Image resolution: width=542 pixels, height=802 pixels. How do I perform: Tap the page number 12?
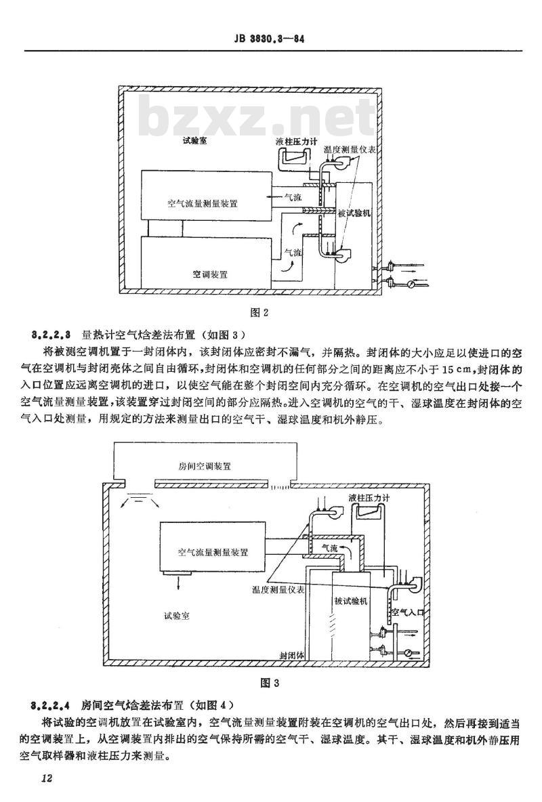tap(47, 779)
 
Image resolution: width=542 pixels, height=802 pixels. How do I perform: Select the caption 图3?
tap(270, 683)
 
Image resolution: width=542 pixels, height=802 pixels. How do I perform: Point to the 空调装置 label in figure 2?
tap(210, 274)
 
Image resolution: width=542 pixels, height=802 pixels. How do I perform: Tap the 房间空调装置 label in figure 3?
tap(205, 466)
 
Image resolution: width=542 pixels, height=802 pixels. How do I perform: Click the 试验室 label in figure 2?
tap(195, 140)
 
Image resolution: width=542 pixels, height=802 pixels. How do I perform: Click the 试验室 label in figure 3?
tap(177, 616)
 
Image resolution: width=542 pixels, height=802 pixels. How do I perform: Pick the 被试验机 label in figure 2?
tap(354, 213)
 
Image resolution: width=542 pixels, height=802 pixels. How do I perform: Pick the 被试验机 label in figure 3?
tap(350, 601)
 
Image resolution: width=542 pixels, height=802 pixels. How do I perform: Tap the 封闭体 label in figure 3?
tap(292, 655)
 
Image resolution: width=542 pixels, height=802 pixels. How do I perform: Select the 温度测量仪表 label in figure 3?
tap(278, 590)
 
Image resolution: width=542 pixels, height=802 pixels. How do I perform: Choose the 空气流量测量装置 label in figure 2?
tap(203, 203)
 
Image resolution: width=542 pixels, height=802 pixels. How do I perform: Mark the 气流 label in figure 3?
tap(329, 548)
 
